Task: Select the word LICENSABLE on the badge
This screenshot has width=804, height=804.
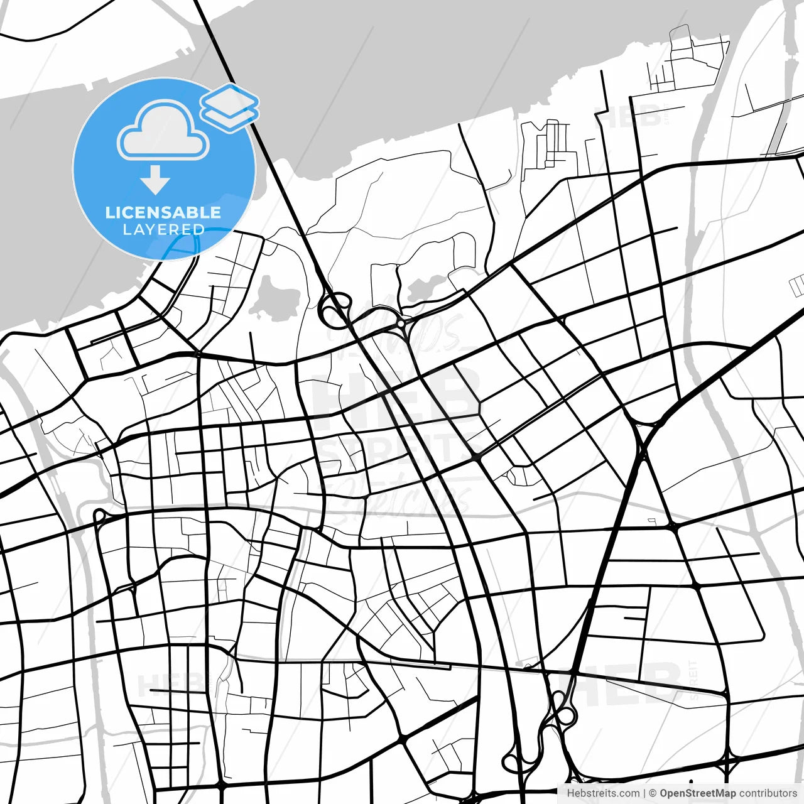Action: point(163,212)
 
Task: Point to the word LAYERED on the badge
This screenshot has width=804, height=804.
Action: point(163,230)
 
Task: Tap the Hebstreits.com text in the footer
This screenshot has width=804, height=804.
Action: point(603,793)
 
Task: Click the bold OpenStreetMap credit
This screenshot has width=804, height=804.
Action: point(697,793)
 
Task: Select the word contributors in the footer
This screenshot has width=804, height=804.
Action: point(768,793)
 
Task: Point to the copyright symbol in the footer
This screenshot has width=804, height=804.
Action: point(653,793)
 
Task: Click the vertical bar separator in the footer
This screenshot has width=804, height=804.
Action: point(644,793)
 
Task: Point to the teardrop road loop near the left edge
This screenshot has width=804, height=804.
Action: point(98,516)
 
